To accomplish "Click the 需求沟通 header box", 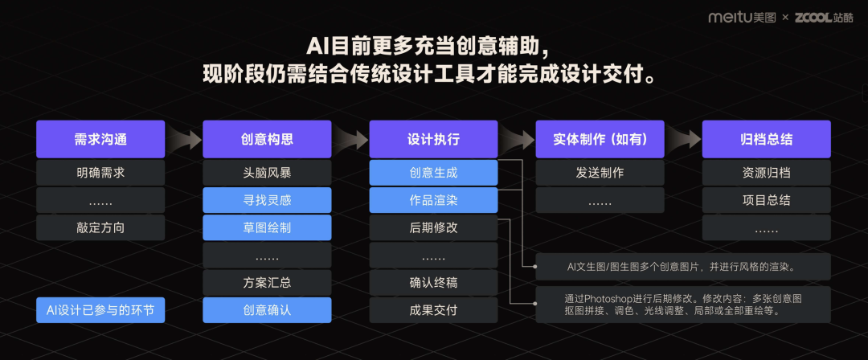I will [100, 139].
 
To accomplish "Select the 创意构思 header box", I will [267, 139].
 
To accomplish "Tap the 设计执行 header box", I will [433, 139].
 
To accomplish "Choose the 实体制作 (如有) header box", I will [600, 139].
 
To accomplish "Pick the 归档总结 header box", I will [766, 139].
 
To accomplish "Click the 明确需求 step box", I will [100, 173].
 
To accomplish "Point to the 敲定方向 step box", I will [100, 227].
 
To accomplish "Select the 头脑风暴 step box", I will [267, 173].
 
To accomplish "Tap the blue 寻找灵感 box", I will [267, 200].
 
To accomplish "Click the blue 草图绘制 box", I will [267, 227].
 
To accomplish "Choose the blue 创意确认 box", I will [267, 309].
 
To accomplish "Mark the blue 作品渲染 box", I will [433, 200].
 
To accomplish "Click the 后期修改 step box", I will [433, 227].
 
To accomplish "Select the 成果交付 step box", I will [433, 309].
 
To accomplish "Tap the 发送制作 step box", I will [600, 173].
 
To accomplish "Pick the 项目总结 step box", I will [766, 200].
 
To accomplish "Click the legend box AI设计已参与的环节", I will [100, 310].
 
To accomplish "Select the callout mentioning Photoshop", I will [683, 304].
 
